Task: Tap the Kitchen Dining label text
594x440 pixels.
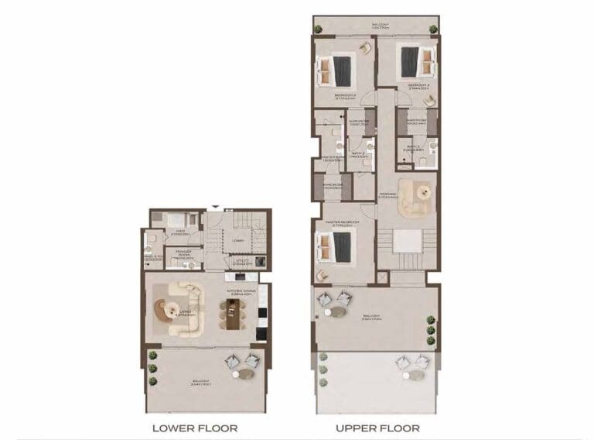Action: [x=237, y=292]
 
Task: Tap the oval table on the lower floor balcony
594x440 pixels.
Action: [x=244, y=375]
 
